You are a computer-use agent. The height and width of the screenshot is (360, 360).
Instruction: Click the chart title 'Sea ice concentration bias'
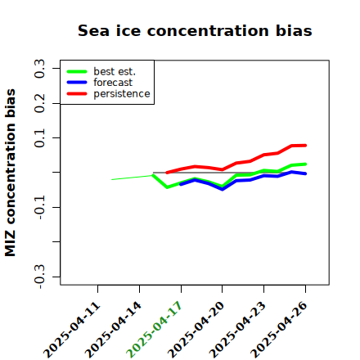(195, 30)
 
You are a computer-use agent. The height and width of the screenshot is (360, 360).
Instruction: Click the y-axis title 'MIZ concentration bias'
(11, 173)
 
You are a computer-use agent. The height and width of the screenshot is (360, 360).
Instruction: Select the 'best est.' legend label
(115, 71)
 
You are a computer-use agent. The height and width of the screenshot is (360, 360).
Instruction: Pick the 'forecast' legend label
(113, 83)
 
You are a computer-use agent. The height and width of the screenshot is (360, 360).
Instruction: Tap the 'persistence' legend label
(122, 94)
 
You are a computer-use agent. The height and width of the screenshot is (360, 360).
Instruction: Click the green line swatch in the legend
(77, 71)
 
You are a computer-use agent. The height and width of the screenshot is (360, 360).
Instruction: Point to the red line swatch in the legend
(77, 94)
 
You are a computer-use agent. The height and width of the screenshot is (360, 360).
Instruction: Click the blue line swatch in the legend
(77, 83)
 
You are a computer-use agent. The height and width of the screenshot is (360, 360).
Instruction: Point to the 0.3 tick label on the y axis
(39, 69)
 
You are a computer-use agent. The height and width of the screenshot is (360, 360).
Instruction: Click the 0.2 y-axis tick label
(39, 103)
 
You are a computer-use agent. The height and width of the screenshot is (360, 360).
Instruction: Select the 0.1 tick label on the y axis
(39, 138)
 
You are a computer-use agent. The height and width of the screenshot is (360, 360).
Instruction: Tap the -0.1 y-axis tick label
(39, 207)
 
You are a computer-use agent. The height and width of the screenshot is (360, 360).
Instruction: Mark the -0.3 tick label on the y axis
(39, 277)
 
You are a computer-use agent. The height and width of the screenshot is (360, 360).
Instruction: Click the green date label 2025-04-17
(154, 330)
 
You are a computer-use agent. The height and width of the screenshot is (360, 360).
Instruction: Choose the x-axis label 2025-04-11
(71, 330)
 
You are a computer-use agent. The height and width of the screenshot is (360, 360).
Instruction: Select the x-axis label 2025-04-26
(278, 330)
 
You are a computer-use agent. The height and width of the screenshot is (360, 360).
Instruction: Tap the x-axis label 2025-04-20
(196, 330)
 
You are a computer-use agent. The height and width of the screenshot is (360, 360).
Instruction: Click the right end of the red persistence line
(305, 146)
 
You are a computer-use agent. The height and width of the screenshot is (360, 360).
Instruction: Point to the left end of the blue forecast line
(181, 185)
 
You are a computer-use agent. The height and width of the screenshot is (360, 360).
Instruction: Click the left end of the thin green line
(112, 179)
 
